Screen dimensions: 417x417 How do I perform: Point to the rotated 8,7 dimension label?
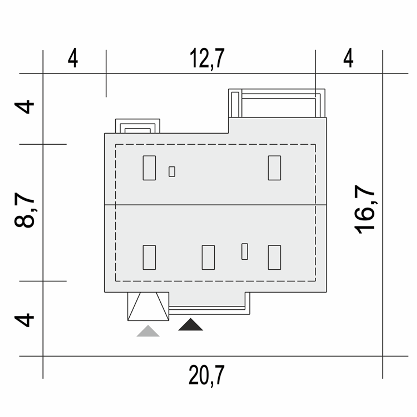click(x=24, y=210)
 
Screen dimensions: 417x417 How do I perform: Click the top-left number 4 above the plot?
click(x=73, y=58)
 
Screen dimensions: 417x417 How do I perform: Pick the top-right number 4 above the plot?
click(x=348, y=58)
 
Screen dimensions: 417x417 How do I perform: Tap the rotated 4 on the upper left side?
click(x=24, y=107)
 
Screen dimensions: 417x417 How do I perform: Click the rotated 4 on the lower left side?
click(x=24, y=320)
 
